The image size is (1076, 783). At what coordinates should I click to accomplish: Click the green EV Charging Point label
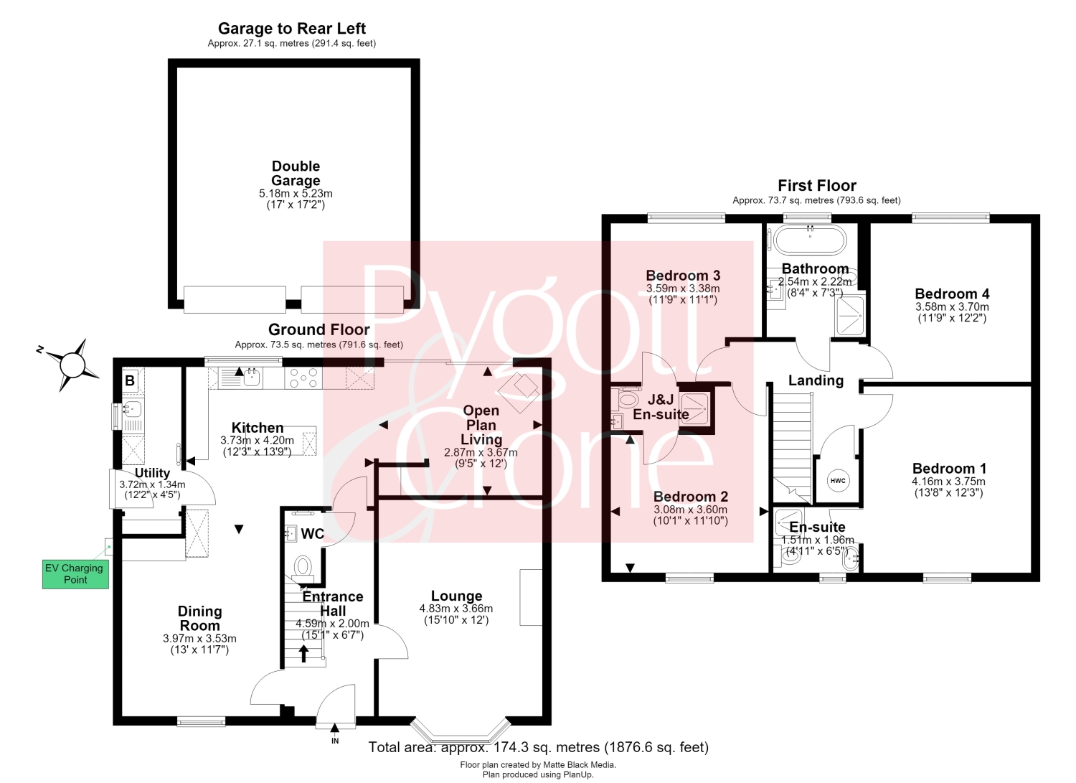click(x=75, y=573)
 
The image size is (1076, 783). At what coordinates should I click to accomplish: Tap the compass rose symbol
click(x=72, y=365)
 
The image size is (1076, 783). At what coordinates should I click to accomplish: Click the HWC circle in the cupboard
click(x=838, y=481)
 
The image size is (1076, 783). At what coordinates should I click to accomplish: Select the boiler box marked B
click(x=130, y=380)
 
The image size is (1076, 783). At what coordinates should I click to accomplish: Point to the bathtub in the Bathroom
click(x=810, y=240)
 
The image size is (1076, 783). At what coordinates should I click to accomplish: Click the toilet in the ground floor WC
click(x=303, y=568)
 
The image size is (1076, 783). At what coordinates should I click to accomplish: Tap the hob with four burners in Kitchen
click(x=303, y=378)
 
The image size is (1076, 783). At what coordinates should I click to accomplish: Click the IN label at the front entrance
click(x=335, y=741)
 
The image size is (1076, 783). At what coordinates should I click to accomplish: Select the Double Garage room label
click(x=296, y=173)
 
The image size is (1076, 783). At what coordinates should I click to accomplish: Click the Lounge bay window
click(x=461, y=733)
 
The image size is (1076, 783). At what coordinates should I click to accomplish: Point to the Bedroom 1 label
click(x=949, y=468)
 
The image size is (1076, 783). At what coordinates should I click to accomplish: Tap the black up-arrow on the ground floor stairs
click(x=303, y=654)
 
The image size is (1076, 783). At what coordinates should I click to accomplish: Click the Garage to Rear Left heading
click(x=291, y=29)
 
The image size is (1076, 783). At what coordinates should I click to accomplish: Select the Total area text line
click(x=538, y=747)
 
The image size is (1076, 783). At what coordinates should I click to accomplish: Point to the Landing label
click(x=816, y=380)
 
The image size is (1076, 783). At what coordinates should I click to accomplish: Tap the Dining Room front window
click(x=202, y=721)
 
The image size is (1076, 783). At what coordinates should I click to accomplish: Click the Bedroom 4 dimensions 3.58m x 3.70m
click(x=952, y=306)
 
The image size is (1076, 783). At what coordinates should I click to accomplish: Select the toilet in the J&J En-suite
click(x=626, y=399)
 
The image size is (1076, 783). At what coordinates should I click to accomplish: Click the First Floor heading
click(x=816, y=186)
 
